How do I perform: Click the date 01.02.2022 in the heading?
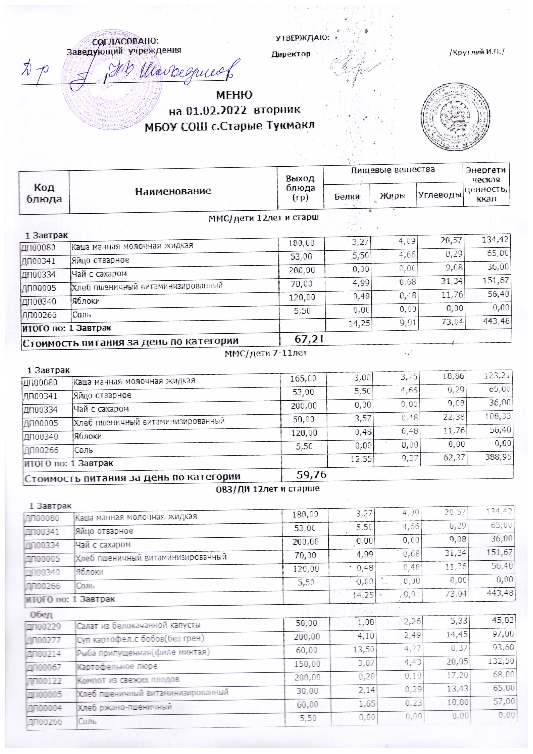point(216,111)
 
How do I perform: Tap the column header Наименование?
point(173,191)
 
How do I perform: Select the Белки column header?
point(347,196)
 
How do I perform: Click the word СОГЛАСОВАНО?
point(125,41)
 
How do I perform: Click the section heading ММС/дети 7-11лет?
point(266,353)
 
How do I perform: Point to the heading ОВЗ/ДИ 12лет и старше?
point(267,489)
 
